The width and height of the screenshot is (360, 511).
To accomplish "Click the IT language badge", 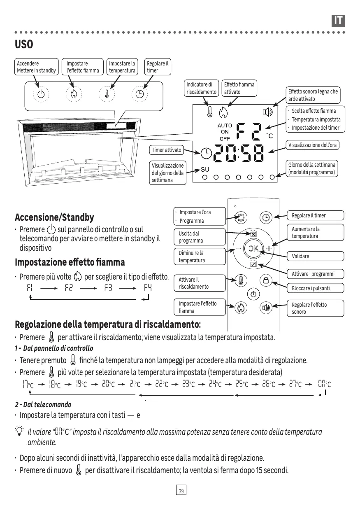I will pos(338,21).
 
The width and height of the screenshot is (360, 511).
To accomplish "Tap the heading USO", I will pos(24,44).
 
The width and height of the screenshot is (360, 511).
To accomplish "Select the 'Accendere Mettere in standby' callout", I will pos(36,67).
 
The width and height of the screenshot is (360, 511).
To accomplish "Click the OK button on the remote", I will pos(253,248).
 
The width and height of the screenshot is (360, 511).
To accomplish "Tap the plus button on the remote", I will pos(269,248).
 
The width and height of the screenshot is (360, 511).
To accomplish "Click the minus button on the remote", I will pos(238,248).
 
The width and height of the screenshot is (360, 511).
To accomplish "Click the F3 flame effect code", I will pos(108,288).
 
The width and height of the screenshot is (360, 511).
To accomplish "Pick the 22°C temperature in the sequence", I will pos(163,385).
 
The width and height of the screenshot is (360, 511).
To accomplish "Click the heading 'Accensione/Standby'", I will pos(54,217).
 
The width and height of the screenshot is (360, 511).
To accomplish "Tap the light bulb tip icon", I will pos(19,432).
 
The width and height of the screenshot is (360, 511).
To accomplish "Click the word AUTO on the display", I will pos(225,126).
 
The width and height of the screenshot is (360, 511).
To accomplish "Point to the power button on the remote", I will pos(253,294).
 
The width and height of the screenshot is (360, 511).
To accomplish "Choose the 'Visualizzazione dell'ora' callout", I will pos(312,145).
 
